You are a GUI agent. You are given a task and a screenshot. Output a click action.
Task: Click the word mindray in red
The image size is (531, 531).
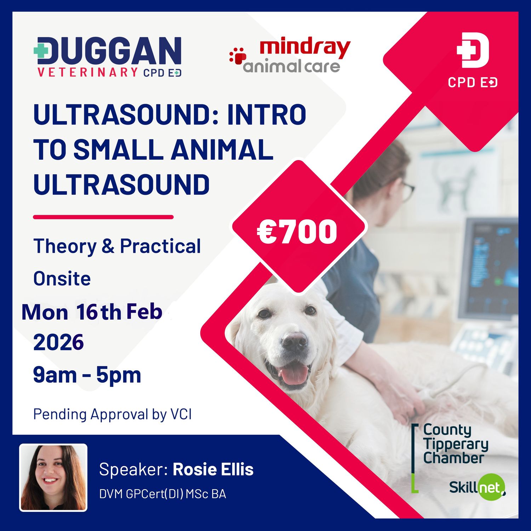click(x=304, y=48)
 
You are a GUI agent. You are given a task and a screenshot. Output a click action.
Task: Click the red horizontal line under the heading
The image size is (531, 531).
click(x=103, y=217)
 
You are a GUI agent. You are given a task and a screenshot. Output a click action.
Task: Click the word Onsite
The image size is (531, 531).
click(x=62, y=279)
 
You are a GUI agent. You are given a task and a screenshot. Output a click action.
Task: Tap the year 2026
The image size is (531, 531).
click(x=58, y=342)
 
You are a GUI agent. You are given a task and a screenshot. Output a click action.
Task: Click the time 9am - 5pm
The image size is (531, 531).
click(x=87, y=375)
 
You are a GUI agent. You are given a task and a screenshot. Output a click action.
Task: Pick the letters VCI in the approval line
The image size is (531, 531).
click(x=181, y=414)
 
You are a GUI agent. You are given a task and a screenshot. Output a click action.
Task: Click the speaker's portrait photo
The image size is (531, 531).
click(x=53, y=478)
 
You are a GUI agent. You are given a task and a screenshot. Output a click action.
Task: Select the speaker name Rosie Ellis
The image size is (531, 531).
click(x=213, y=469)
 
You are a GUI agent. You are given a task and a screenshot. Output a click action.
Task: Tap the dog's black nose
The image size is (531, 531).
click(x=295, y=341)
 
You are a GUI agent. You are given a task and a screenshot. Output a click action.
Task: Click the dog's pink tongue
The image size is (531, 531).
click(x=293, y=375)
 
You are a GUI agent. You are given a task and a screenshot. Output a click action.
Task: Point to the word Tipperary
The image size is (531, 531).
click(x=456, y=444)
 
